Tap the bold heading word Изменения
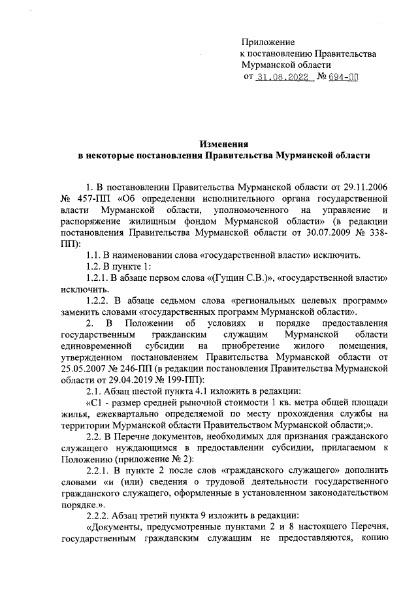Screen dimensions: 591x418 point(223,144)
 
